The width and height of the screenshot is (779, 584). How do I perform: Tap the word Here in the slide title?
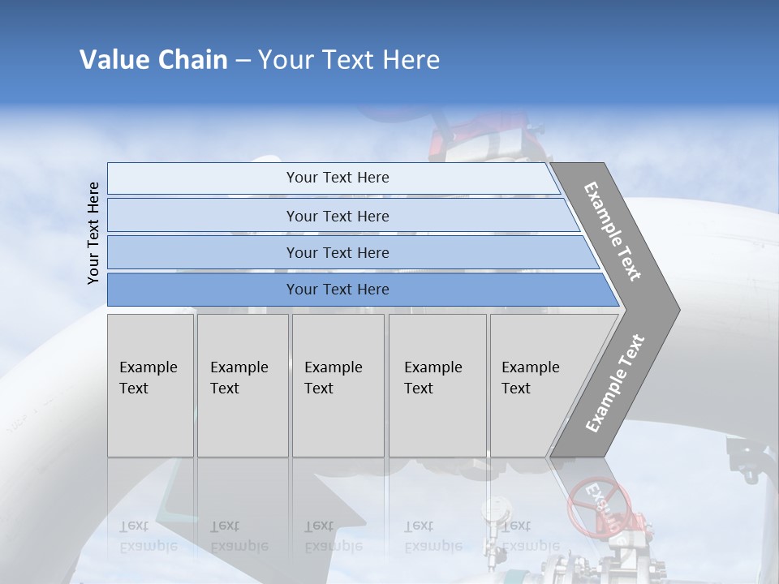tap(410, 60)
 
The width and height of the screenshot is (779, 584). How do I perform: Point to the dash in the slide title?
tap(243, 61)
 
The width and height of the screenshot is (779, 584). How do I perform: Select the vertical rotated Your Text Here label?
tap(93, 233)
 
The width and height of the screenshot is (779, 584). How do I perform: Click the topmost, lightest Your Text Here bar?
tap(337, 178)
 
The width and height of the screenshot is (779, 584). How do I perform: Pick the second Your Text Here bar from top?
tap(337, 216)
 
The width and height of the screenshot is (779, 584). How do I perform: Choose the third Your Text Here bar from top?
tap(337, 252)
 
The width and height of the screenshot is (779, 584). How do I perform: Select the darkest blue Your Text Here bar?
tap(337, 290)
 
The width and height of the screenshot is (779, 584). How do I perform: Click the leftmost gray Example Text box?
tap(150, 385)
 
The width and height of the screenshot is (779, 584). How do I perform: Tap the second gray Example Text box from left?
tap(243, 385)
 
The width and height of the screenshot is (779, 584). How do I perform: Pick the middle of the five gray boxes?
tap(338, 385)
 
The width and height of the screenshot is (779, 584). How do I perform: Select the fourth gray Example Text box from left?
tap(437, 385)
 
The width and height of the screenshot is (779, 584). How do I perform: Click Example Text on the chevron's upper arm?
tap(613, 231)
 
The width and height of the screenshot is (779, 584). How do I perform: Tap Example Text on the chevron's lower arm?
tap(614, 383)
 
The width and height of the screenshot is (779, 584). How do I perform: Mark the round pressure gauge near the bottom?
tap(492, 510)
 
